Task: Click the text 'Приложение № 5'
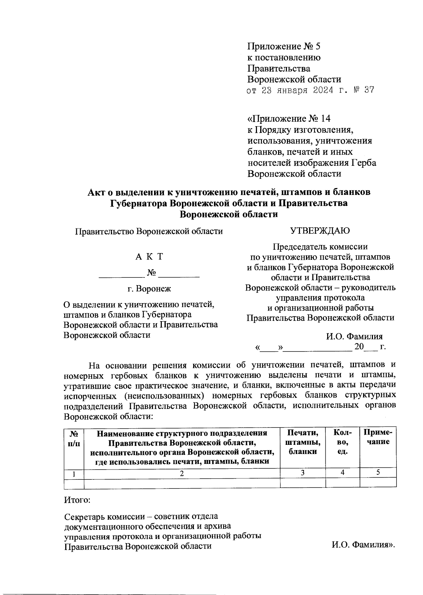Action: tap(284, 46)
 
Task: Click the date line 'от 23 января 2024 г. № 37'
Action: tap(310, 90)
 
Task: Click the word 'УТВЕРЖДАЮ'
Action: tap(320, 231)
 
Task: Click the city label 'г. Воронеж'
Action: tap(149, 289)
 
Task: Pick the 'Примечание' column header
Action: tap(378, 437)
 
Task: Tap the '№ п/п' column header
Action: tap(74, 437)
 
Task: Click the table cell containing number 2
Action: tap(182, 473)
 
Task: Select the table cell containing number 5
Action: tap(378, 473)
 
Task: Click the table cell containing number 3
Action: tap(302, 473)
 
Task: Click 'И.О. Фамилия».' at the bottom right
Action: tap(363, 546)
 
